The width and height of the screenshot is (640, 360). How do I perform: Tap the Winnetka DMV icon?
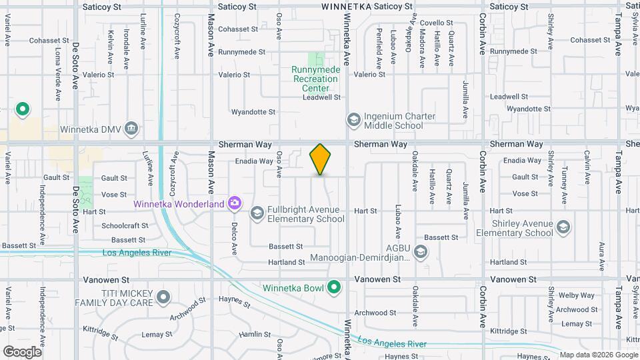point(131,128)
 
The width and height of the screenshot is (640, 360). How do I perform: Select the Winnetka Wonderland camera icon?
point(234,203)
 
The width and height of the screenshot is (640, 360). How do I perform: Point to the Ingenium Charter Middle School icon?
point(353,121)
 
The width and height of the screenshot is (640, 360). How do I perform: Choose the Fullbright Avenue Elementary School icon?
point(257,213)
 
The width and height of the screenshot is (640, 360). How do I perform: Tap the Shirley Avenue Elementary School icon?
point(564,227)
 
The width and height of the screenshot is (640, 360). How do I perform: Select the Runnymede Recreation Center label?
point(316,79)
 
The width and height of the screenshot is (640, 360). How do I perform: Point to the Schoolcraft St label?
point(125,226)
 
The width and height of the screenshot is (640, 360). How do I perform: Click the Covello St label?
point(437,23)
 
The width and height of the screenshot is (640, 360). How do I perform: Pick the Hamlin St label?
point(254,334)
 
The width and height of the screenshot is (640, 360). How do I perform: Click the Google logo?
point(23,351)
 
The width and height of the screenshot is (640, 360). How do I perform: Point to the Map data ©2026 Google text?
point(598,355)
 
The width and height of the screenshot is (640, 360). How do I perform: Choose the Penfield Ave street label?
point(379,49)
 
